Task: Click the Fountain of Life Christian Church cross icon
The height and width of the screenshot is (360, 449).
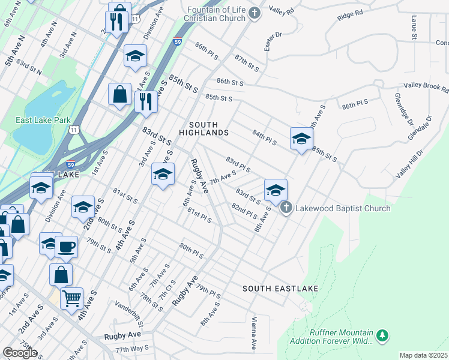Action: pyautogui.click(x=255, y=13)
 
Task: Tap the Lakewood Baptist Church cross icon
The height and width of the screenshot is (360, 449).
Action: pyautogui.click(x=286, y=208)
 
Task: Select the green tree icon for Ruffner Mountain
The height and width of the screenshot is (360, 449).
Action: pyautogui.click(x=381, y=335)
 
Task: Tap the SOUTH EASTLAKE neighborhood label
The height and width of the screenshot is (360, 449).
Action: pyautogui.click(x=280, y=289)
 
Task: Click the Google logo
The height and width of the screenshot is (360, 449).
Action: pyautogui.click(x=20, y=353)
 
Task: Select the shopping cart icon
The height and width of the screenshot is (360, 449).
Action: pyautogui.click(x=72, y=297)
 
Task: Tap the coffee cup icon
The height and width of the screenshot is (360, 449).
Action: pyautogui.click(x=66, y=245)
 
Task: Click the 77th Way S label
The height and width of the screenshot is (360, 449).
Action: pyautogui.click(x=131, y=349)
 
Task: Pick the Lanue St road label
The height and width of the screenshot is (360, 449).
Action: pyautogui.click(x=414, y=29)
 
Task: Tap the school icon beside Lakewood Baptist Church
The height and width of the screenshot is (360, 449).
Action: pyautogui.click(x=276, y=190)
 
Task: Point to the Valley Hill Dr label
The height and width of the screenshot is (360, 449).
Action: pyautogui.click(x=409, y=163)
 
